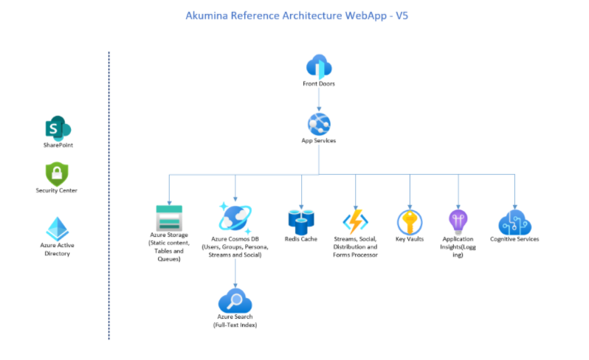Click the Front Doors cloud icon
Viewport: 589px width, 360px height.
tap(319, 66)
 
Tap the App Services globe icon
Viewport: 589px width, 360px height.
tap(319, 122)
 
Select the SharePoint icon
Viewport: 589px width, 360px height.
tap(58, 128)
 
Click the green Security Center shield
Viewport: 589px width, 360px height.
tap(57, 174)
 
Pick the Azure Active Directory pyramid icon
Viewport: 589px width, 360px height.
tap(57, 229)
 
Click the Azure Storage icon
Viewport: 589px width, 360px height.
tap(169, 218)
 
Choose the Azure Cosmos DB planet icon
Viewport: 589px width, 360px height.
tap(235, 218)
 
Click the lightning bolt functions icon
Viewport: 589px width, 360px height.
tap(356, 222)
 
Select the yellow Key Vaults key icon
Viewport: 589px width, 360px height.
tap(410, 221)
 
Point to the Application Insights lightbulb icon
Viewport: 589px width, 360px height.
tap(458, 221)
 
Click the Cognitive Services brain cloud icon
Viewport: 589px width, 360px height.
tap(514, 221)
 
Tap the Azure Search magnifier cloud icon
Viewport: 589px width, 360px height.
tap(235, 301)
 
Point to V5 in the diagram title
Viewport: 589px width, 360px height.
tap(401, 14)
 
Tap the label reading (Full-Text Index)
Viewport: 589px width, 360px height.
tap(235, 325)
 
